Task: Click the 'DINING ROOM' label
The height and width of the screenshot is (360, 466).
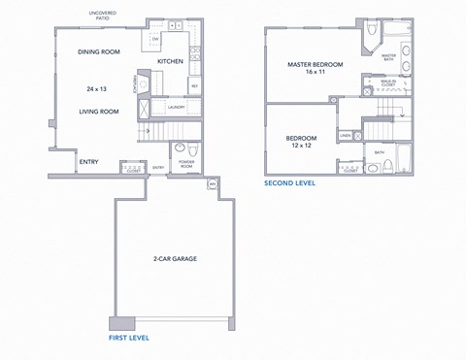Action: coord(99,50)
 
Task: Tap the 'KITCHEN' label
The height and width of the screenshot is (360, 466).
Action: coord(170,61)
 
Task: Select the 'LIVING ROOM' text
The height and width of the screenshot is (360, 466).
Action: coord(99,112)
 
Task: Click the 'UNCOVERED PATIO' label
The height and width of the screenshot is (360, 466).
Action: coord(103,15)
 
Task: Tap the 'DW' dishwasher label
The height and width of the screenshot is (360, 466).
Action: coord(155,39)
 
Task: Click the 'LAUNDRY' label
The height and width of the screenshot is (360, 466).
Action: coord(176,107)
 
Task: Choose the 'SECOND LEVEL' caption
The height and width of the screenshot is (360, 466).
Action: coord(291,182)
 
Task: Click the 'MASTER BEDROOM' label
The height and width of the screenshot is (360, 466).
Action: coord(313,65)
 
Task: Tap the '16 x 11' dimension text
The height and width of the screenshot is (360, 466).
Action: coord(313,74)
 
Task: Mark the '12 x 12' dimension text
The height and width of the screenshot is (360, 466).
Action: coord(301,147)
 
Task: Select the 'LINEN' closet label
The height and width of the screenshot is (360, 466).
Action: coord(346,135)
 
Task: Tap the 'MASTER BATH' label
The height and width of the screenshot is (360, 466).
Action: coord(388,56)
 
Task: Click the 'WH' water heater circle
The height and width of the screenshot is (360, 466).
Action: coord(213,182)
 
